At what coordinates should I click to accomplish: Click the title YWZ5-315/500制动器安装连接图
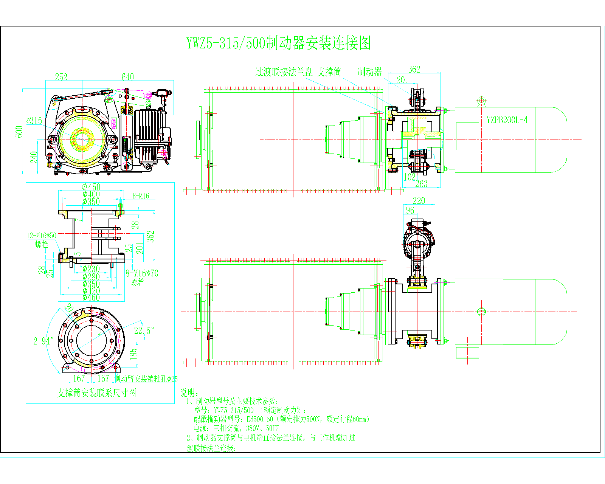click(278, 43)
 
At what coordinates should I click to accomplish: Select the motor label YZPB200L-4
click(507, 120)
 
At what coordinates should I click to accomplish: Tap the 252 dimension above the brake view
click(61, 77)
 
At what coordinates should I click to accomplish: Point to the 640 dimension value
click(128, 77)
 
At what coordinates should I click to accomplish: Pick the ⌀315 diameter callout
click(34, 121)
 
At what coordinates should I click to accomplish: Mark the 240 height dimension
click(34, 157)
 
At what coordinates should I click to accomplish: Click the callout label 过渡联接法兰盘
click(284, 72)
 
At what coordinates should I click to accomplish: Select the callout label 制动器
click(370, 71)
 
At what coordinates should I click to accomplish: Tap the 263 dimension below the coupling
click(421, 184)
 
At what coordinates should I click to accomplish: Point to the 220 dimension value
click(419, 201)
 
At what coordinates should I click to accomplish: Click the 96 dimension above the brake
click(410, 210)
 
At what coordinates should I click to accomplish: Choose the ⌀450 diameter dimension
click(91, 187)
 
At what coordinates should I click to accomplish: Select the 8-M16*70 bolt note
click(142, 273)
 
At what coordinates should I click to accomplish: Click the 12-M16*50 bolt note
click(42, 236)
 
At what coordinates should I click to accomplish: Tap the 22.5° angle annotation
click(144, 331)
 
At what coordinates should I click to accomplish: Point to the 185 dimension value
click(133, 354)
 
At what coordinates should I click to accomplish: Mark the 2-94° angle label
click(43, 341)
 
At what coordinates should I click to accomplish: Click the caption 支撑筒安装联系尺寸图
click(96, 393)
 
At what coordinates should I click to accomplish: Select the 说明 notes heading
click(189, 393)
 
